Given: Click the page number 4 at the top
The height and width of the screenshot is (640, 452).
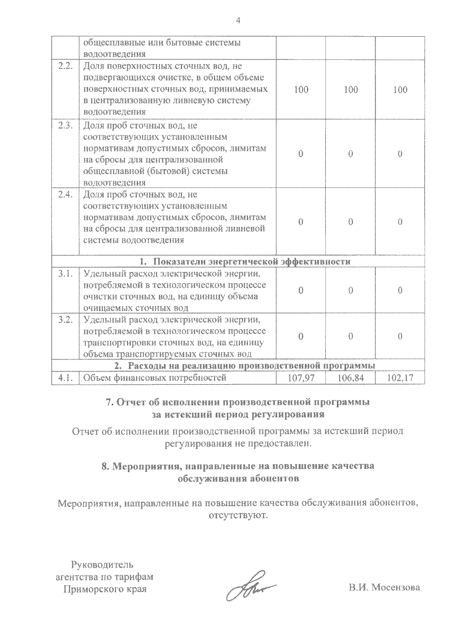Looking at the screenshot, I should pos(238,20).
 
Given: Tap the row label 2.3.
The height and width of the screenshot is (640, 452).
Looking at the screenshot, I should pos(65,126).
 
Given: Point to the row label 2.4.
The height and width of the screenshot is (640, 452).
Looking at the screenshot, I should pos(65,194).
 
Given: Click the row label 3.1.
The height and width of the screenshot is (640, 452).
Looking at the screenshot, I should pos(65,274).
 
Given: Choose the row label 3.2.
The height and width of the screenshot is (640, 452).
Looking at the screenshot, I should pos(65,320).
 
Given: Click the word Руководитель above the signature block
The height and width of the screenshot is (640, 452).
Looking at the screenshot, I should pos(102,565).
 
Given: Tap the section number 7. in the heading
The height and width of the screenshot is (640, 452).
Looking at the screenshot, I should pos(110,402).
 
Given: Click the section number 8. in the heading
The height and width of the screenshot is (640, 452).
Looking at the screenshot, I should pos(105,466).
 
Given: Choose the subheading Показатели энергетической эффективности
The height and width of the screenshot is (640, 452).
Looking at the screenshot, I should pos(252,262).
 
